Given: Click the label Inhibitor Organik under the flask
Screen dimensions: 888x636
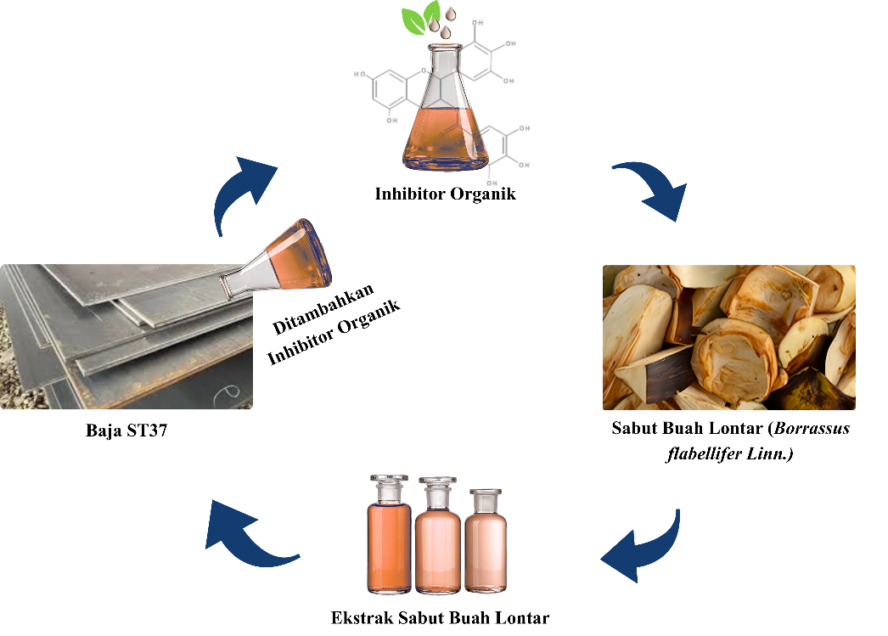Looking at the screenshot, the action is coord(445,194).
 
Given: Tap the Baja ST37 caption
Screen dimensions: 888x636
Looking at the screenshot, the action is coord(126,431).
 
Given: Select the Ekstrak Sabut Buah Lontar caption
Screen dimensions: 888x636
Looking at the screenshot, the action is coord(440,617).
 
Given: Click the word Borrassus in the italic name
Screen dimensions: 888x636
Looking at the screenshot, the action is coord(812,428).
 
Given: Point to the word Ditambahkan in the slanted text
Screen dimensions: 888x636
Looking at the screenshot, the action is coord(323,308).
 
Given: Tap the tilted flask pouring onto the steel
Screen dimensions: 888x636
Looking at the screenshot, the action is coord(277,259).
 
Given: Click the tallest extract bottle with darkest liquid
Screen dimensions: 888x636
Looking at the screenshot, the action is coord(389,534).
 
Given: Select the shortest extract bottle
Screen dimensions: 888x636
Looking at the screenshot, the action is coord(486,541).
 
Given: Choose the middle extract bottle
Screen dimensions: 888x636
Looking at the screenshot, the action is coord(438,535).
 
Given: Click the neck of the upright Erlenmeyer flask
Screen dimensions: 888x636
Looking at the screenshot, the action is coord(445,67).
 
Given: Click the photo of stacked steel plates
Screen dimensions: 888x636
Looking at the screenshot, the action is coord(126,336).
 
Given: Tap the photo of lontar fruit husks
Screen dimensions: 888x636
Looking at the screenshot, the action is coord(729,337).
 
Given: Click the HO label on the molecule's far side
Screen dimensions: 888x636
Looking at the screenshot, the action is coord(360,74).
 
